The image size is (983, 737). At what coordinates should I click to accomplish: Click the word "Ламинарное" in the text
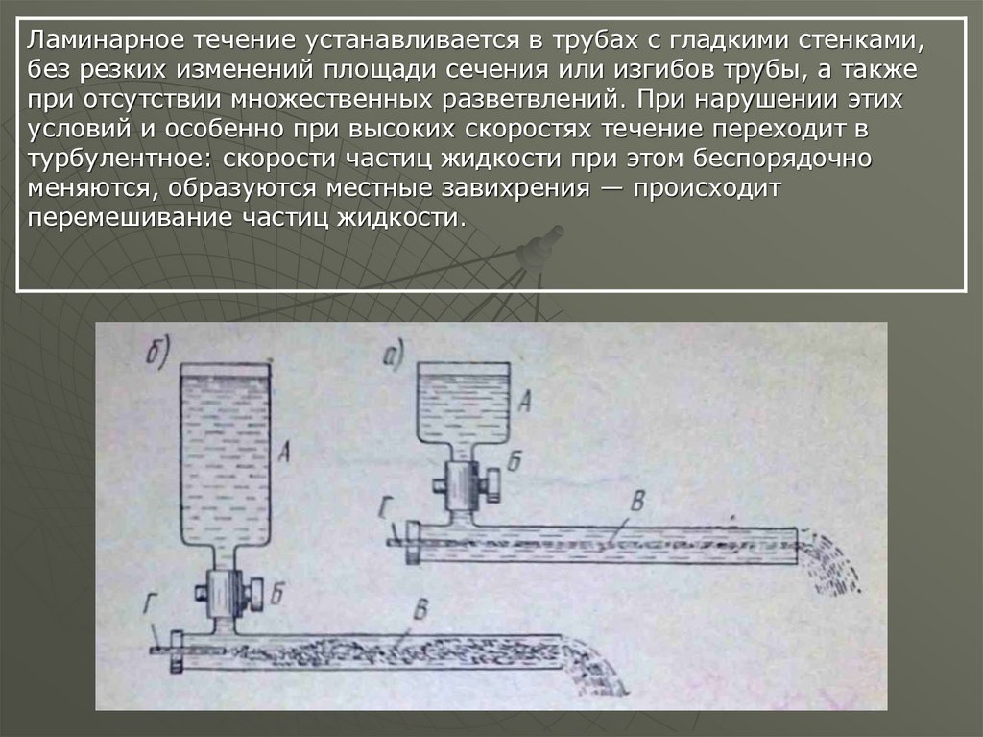(x=106, y=40)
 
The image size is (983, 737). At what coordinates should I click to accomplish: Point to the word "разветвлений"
(x=533, y=100)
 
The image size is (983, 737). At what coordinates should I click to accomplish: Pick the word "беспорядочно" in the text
(x=782, y=159)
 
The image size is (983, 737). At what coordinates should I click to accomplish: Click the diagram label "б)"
(x=157, y=354)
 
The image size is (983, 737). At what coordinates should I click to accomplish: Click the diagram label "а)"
(x=394, y=356)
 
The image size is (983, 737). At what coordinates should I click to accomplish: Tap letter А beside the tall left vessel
(x=284, y=450)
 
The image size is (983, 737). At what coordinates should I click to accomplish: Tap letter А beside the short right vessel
(x=525, y=401)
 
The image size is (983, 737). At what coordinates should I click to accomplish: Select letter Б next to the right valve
(x=515, y=461)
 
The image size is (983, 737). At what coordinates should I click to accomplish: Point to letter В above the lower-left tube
(x=422, y=609)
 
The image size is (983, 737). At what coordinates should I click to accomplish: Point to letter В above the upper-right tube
(x=637, y=501)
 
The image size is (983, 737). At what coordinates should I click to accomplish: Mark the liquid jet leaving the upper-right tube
(x=829, y=562)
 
